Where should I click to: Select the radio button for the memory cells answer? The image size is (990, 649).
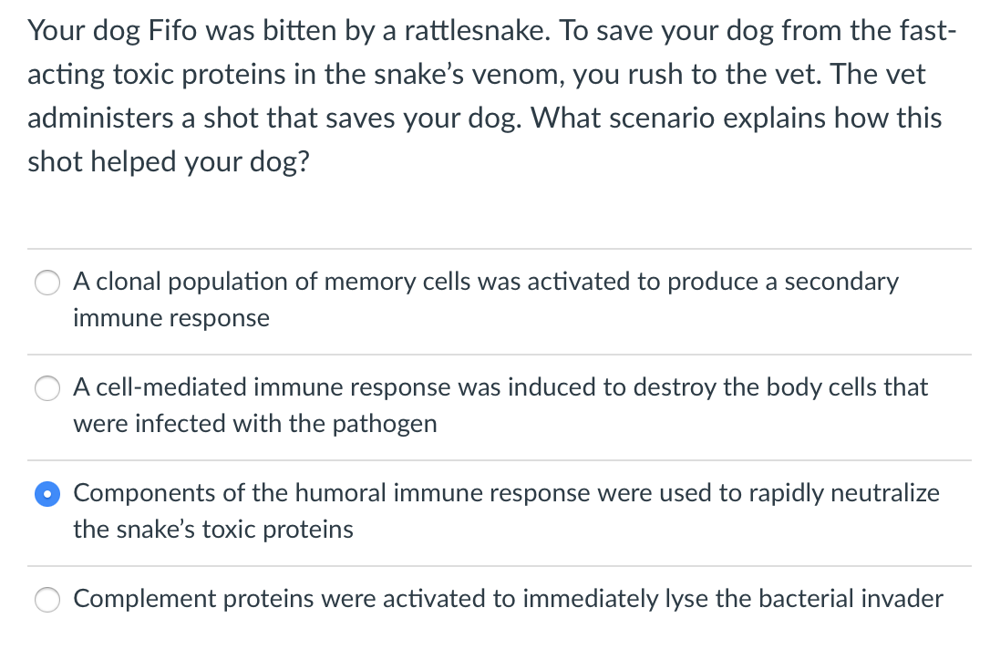pyautogui.click(x=47, y=283)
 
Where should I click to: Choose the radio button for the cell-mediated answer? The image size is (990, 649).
pyautogui.click(x=47, y=388)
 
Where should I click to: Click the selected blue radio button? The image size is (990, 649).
pyautogui.click(x=47, y=494)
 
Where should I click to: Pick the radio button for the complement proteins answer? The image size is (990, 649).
pyautogui.click(x=47, y=600)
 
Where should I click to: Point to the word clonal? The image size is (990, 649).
pyautogui.click(x=125, y=282)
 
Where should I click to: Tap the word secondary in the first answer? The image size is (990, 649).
pyautogui.click(x=829, y=282)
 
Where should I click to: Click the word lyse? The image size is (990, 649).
pyautogui.click(x=659, y=599)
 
